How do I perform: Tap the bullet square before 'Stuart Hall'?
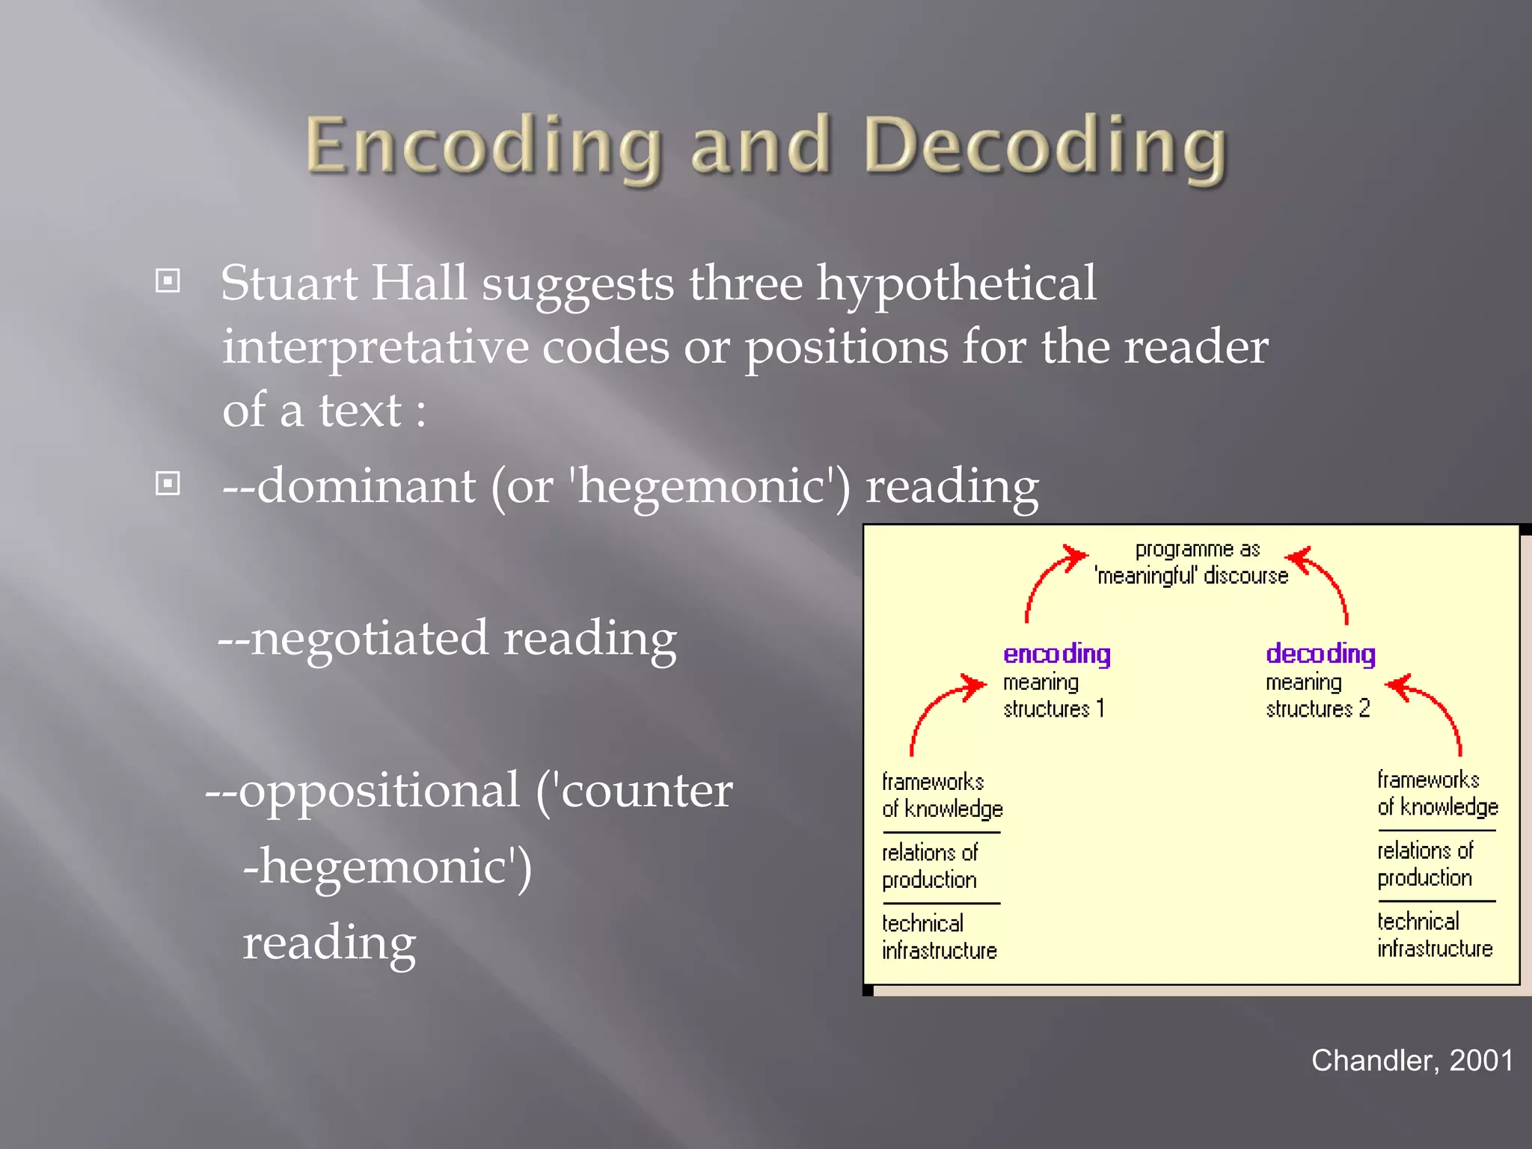click(168, 281)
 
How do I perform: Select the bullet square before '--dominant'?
click(168, 483)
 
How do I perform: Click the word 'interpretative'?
click(375, 347)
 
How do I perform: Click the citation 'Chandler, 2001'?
click(1412, 1061)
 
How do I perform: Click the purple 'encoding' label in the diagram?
click(1056, 655)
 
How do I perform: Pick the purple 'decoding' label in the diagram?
click(1320, 655)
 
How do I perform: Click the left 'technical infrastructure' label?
click(939, 937)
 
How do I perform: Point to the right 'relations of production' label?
click(1425, 864)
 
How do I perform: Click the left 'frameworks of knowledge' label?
click(941, 795)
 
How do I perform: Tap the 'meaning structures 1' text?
click(1053, 696)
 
